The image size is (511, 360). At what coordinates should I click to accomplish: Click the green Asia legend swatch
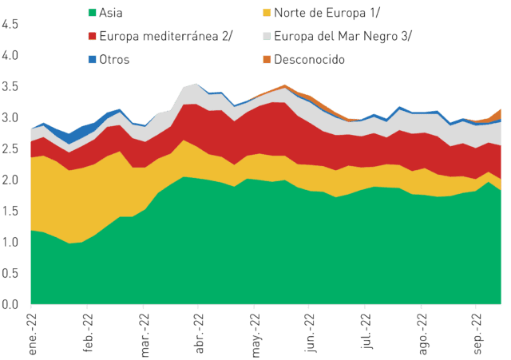pyautogui.click(x=93, y=13)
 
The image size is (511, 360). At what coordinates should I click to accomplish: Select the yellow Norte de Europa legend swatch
pyautogui.click(x=267, y=13)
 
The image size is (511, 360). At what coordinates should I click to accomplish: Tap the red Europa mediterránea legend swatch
pyautogui.click(x=93, y=36)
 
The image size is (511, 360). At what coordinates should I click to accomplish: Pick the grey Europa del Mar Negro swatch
pyautogui.click(x=267, y=36)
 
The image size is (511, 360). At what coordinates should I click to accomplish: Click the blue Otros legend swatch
pyautogui.click(x=93, y=59)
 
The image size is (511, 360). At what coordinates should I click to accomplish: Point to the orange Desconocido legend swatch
pyautogui.click(x=267, y=59)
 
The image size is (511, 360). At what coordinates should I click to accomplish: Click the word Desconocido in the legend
pyautogui.click(x=309, y=60)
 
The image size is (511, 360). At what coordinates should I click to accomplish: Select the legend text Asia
pyautogui.click(x=111, y=13)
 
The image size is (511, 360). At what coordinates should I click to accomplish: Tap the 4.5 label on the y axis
pyautogui.click(x=10, y=24)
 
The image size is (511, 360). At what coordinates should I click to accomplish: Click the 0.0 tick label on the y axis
pyautogui.click(x=10, y=304)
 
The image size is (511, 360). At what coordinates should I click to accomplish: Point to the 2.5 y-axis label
pyautogui.click(x=10, y=148)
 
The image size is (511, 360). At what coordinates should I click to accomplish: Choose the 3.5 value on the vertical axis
pyautogui.click(x=10, y=86)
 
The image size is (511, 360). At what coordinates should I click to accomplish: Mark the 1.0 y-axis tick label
pyautogui.click(x=10, y=242)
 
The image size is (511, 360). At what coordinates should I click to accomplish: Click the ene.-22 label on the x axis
pyautogui.click(x=33, y=334)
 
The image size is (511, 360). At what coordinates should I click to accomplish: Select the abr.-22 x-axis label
pyautogui.click(x=200, y=334)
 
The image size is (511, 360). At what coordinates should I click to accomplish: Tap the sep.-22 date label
pyautogui.click(x=477, y=334)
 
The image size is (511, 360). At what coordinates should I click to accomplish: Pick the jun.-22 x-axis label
pyautogui.click(x=311, y=333)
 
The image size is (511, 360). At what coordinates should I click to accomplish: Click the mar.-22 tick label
pyautogui.click(x=145, y=335)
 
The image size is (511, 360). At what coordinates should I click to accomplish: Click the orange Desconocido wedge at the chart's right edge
pyautogui.click(x=496, y=116)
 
